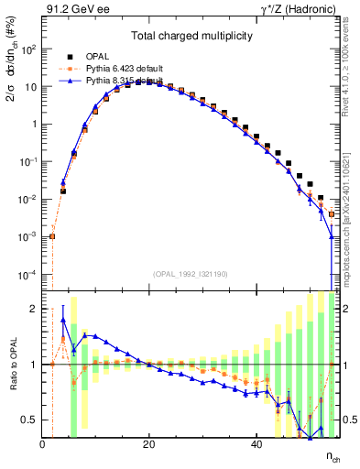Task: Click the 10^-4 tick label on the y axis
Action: pos(28,275)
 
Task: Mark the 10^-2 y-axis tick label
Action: pos(28,200)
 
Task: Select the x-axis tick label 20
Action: pos(148,445)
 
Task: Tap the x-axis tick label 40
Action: pos(255,445)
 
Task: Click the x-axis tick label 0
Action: pos(43,445)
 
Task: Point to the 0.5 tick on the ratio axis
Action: pos(31,420)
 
